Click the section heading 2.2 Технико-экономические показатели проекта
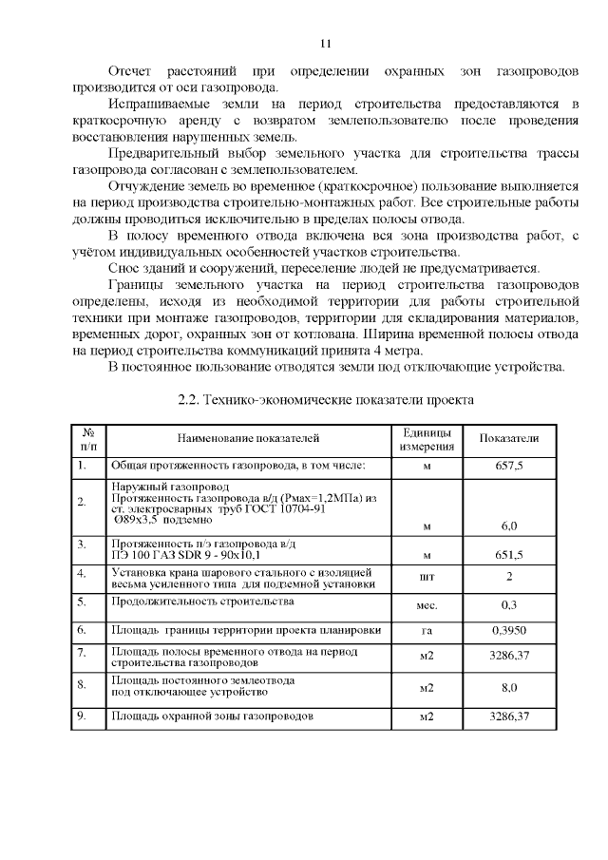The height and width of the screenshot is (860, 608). pyautogui.click(x=326, y=399)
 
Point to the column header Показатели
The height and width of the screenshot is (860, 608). pyautogui.click(x=508, y=438)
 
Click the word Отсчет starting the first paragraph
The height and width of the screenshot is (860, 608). pyautogui.click(x=129, y=72)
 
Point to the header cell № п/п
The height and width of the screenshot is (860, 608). pyautogui.click(x=88, y=438)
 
